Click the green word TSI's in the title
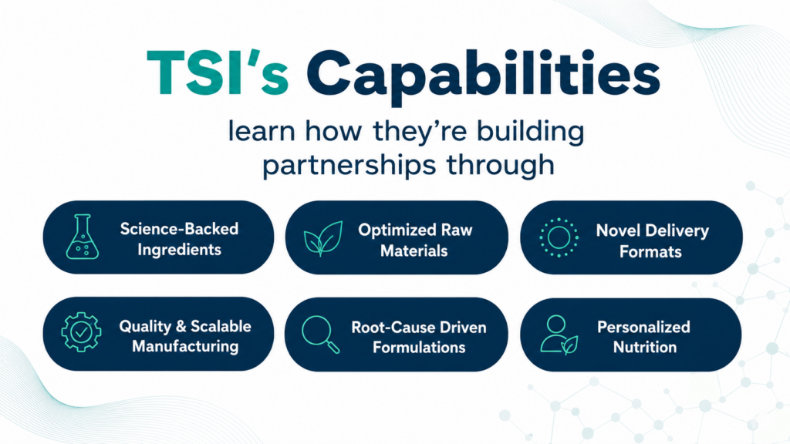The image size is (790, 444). pos(218,72)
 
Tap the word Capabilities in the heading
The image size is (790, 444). pos(483,76)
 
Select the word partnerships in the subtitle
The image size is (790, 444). pos(349,166)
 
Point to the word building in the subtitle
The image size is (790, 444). pos(531,131)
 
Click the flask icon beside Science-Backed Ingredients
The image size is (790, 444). pos(82,237)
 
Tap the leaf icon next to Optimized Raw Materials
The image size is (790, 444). pos(323,238)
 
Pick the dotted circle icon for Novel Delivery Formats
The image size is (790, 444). pos(559,237)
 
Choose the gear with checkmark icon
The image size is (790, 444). pos(81,331)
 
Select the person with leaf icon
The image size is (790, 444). pos(559,335)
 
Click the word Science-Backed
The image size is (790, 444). pos(179,229)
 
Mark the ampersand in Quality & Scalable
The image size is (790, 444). pos(181,326)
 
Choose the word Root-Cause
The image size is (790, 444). pos(387,327)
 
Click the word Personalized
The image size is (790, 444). pos(643,327)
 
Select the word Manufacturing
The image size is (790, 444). pos(185,347)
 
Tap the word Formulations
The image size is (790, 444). pos(419,348)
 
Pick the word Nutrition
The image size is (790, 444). pos(645,348)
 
